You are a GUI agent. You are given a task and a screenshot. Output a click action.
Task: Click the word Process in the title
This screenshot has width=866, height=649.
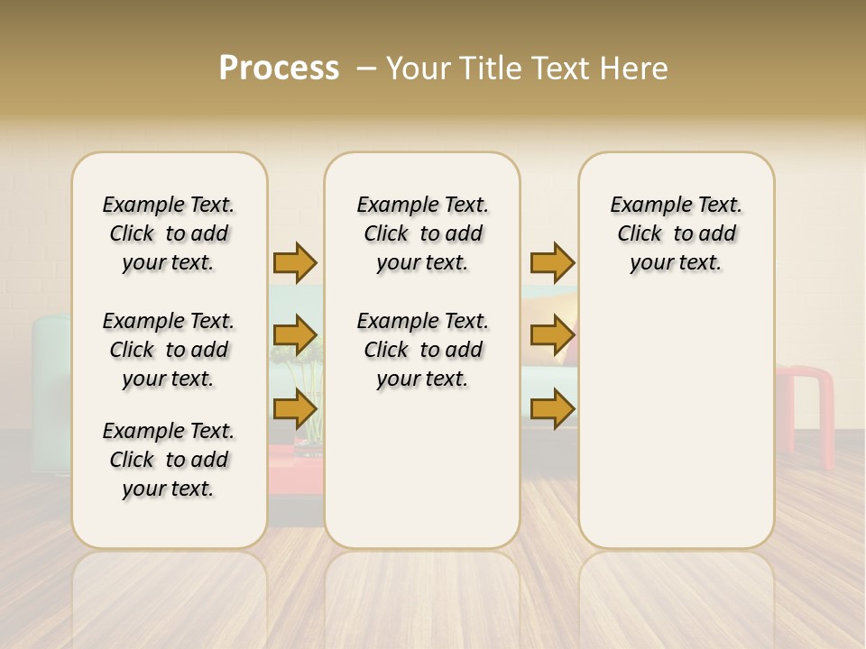[279, 69]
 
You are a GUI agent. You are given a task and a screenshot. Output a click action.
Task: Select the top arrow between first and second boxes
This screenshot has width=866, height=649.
[295, 262]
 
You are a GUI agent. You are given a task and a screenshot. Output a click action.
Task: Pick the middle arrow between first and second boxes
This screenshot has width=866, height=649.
[295, 336]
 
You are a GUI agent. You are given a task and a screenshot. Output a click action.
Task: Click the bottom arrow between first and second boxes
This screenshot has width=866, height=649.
[295, 409]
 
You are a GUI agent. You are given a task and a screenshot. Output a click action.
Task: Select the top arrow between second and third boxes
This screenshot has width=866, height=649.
[552, 262]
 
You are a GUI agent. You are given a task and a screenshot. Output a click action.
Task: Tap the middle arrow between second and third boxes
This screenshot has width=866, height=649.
[552, 336]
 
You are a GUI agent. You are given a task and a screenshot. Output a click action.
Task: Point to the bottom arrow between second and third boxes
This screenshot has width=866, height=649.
[552, 409]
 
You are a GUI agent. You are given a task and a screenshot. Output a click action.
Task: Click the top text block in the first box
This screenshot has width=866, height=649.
[169, 233]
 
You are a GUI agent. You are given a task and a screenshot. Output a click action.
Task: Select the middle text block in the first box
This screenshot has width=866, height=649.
[169, 350]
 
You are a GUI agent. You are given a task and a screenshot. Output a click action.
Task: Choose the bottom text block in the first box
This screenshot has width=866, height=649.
[169, 460]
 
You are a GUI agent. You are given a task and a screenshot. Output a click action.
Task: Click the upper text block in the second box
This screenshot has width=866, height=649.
[422, 233]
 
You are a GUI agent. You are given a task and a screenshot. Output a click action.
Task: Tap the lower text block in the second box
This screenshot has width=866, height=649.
[422, 350]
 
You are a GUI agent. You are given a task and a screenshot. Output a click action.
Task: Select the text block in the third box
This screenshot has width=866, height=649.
[676, 233]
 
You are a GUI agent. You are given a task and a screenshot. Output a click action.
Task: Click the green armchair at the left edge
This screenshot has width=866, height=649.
[51, 388]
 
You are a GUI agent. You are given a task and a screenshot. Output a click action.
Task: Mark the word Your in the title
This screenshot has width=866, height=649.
[419, 69]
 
